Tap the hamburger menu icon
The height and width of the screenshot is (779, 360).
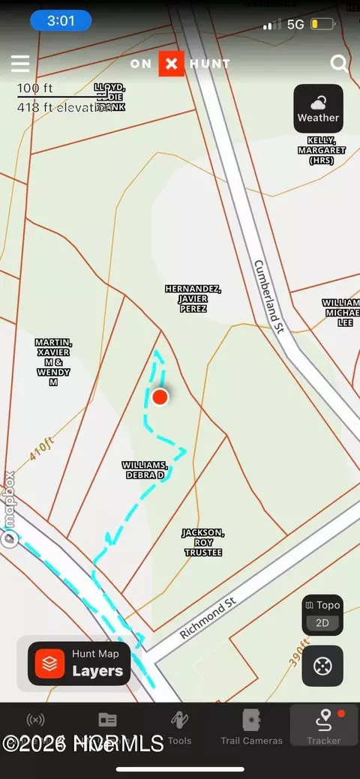click(20, 64)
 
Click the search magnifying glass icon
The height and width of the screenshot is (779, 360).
click(339, 64)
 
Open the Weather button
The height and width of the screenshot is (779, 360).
click(318, 109)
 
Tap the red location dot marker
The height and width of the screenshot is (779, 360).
click(160, 397)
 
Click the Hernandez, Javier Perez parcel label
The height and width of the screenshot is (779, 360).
click(193, 298)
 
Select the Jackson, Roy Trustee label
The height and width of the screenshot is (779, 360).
click(203, 542)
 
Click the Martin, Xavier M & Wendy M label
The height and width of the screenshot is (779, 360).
click(53, 362)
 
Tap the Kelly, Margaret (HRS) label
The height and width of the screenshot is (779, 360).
click(326, 150)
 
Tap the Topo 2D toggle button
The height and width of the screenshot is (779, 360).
click(322, 615)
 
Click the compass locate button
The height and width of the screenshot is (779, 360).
click(322, 665)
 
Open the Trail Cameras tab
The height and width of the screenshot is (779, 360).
click(251, 728)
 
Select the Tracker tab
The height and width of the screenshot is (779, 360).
click(324, 728)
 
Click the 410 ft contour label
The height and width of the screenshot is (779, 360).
click(43, 451)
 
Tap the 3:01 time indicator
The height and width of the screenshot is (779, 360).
click(61, 21)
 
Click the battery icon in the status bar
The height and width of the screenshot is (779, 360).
click(323, 24)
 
